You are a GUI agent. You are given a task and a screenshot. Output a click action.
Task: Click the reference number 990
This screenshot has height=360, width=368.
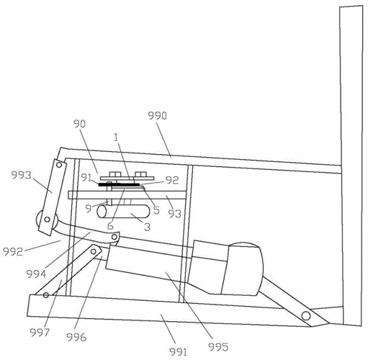click(x=157, y=116)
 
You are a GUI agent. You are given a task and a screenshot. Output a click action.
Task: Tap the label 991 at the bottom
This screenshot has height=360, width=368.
click(x=178, y=352)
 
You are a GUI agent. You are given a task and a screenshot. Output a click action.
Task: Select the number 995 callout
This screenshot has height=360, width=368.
click(x=218, y=346)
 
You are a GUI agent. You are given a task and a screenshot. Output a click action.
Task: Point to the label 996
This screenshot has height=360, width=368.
click(x=76, y=337)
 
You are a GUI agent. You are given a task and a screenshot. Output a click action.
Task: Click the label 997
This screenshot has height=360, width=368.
click(x=40, y=333)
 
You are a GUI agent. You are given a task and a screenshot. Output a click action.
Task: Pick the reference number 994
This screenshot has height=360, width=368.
click(x=36, y=274)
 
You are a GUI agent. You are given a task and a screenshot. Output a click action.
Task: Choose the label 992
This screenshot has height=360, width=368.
click(x=13, y=251)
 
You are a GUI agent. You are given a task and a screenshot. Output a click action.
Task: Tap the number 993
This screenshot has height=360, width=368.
click(x=22, y=175)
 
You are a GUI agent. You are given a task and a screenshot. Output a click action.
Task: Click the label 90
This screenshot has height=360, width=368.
click(x=79, y=124)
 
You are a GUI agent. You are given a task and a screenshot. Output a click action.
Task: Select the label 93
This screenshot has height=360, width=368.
click(x=174, y=213)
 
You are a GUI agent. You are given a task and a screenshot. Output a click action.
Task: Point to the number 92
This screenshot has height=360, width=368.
click(x=172, y=180)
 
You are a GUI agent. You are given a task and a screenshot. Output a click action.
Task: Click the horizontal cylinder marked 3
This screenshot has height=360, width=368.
click(x=123, y=211)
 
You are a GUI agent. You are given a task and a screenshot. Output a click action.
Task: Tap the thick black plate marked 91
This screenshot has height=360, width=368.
click(x=119, y=184)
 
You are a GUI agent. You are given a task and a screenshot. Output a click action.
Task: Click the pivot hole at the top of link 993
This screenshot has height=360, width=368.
click(x=59, y=165)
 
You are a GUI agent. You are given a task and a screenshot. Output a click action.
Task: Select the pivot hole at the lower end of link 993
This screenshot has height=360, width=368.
click(x=48, y=219)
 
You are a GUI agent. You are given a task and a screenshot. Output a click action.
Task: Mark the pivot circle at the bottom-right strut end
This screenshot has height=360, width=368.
click(x=306, y=315)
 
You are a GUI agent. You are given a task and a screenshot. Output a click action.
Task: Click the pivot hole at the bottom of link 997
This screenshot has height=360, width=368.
click(x=46, y=295)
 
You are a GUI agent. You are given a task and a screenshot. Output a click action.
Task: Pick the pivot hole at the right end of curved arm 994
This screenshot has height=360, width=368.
click(x=115, y=237)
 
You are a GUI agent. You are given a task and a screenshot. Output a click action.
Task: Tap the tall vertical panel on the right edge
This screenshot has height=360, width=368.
click(x=351, y=166)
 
